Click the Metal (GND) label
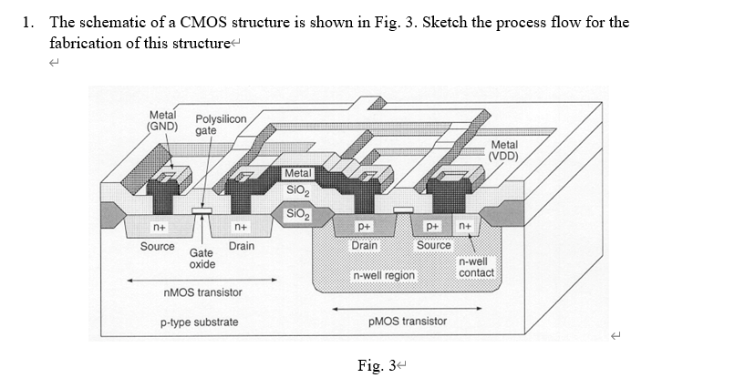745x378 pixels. [163, 120]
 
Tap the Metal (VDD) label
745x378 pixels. [503, 150]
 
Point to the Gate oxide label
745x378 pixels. [202, 258]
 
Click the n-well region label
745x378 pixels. [384, 275]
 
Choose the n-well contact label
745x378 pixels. [476, 267]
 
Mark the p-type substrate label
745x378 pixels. [199, 322]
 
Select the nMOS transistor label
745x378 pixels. [202, 292]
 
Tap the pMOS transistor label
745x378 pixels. [408, 322]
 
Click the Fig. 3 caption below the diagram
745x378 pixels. [377, 365]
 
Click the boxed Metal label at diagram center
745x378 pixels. [298, 173]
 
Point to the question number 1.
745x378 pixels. [27, 22]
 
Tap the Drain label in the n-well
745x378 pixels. [365, 245]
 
